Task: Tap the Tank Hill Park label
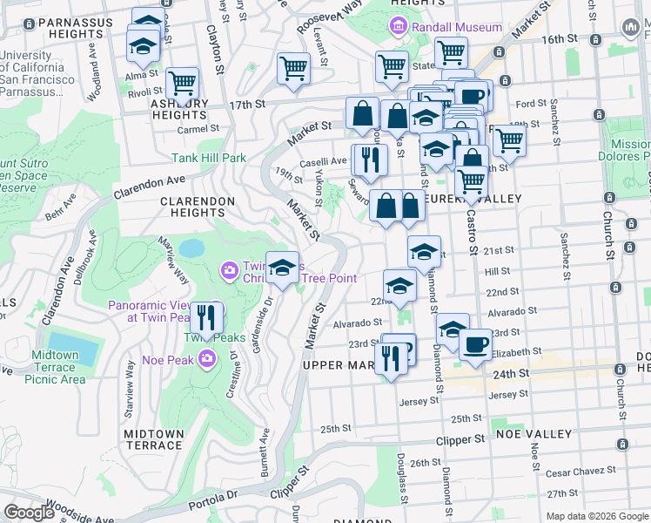point(209,158)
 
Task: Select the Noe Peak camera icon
point(207,357)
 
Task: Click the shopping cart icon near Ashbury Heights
point(183,84)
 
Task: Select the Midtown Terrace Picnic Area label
point(55,367)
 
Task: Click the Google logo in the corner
point(30,512)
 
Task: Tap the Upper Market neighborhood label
point(343,365)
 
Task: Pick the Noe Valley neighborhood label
point(533,433)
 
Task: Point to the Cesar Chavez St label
point(581,471)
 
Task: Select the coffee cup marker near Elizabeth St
point(474,344)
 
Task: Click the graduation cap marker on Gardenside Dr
point(282,268)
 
